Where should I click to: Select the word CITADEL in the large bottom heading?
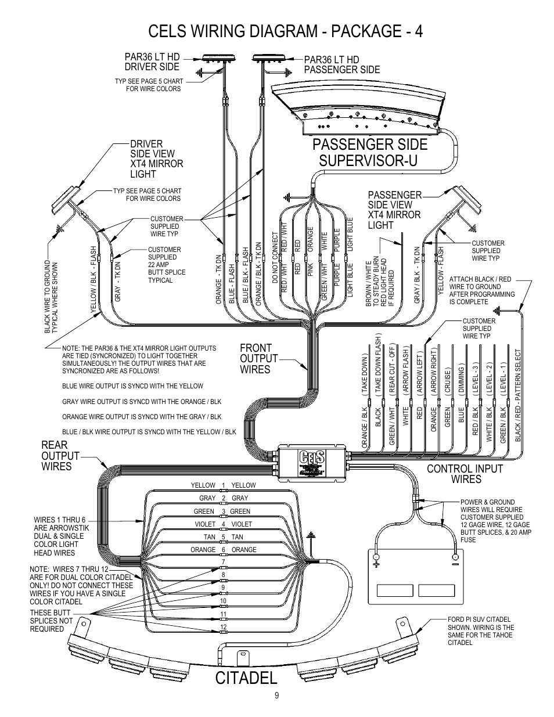[x=246, y=677]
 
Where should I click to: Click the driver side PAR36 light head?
[x=216, y=57]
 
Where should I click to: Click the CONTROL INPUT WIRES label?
[x=465, y=474]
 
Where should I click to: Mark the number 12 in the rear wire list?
[x=223, y=628]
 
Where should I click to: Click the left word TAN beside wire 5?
[x=210, y=537]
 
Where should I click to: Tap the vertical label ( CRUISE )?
[x=448, y=382]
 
